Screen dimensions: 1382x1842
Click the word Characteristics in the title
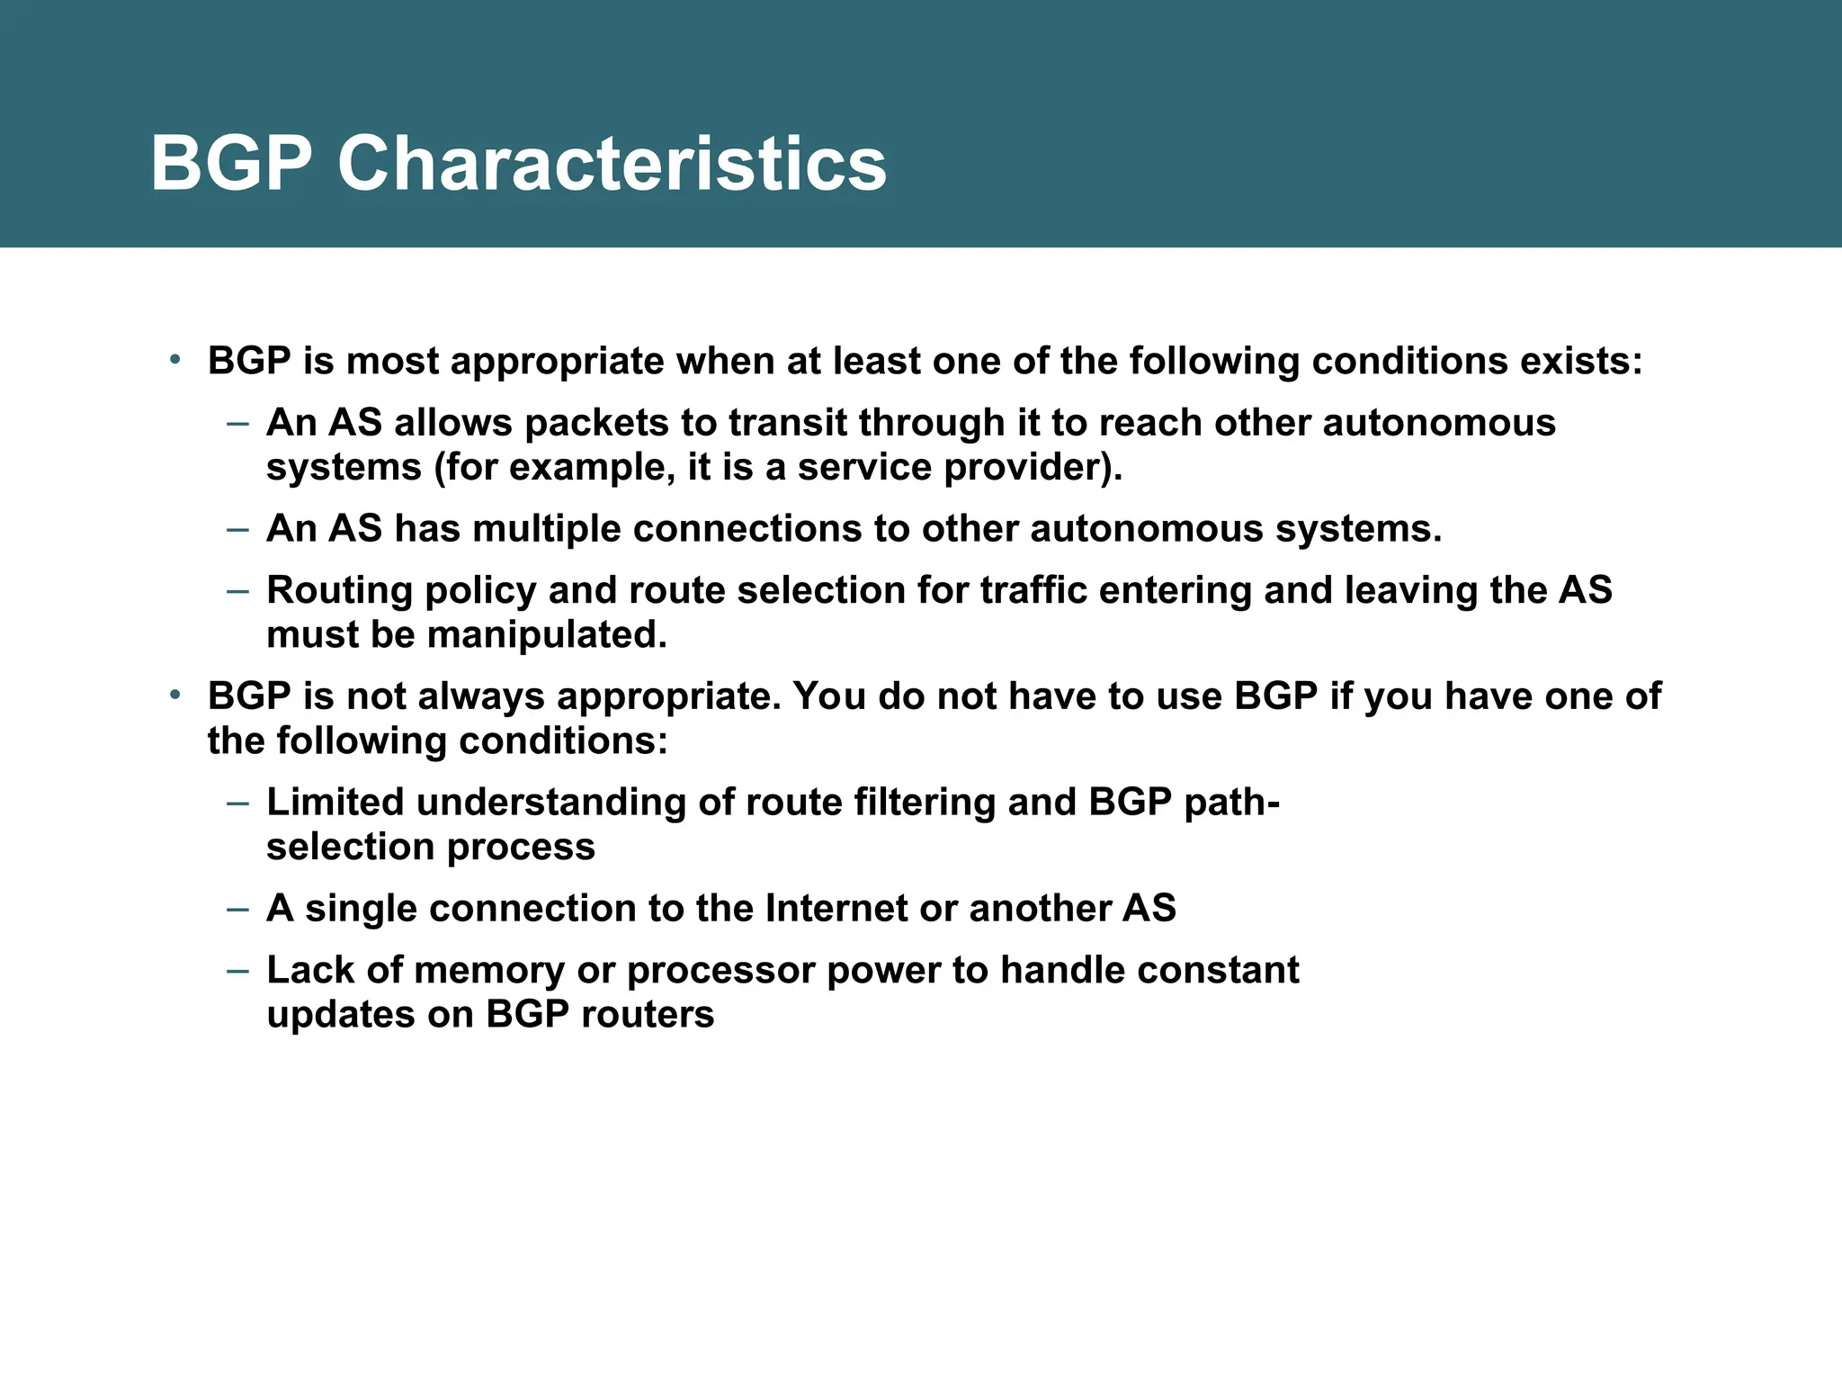pos(612,164)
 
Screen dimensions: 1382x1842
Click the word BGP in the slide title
pos(231,164)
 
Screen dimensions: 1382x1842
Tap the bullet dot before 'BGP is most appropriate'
pos(176,360)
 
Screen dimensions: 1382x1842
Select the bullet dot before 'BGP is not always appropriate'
pos(176,695)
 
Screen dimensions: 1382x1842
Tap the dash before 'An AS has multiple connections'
pos(237,528)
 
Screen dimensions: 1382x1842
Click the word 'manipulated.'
pos(547,635)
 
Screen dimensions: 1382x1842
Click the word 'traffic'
pos(1033,590)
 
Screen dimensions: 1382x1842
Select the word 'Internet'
pos(836,908)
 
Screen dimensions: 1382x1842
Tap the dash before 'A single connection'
pos(237,908)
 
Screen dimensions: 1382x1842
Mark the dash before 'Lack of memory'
pos(237,970)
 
